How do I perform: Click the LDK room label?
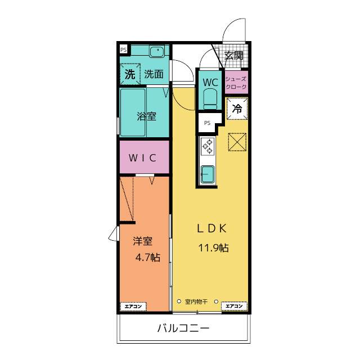point(212,228)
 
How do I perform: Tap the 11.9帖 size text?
point(213,247)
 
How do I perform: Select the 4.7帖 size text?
point(148,258)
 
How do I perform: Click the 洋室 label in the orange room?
point(142,241)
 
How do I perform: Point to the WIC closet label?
point(142,157)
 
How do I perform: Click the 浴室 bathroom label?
point(146,116)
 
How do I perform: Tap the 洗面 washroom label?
point(154,74)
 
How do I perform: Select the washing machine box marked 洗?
point(130,74)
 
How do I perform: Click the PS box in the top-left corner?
point(124,49)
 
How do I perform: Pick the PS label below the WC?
point(208,123)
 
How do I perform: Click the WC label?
point(210,82)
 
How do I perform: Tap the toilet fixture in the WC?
point(210,100)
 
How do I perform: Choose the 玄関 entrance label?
point(234,55)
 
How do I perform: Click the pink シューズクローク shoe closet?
point(236,82)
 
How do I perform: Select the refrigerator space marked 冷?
point(237,109)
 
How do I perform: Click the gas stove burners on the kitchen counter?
point(208,146)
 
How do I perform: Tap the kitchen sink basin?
point(208,174)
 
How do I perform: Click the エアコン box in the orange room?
point(133,307)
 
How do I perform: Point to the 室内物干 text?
point(196,301)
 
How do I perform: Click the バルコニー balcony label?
point(183,328)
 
